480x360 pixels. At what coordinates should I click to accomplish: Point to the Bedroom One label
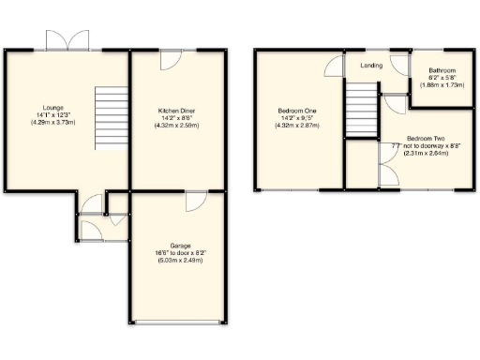pyautogui.click(x=298, y=111)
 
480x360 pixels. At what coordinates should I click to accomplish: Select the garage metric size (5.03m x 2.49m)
pyautogui.click(x=178, y=260)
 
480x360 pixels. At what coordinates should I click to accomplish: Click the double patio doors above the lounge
pyautogui.click(x=68, y=40)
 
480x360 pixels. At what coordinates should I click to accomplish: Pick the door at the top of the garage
pyautogui.click(x=196, y=200)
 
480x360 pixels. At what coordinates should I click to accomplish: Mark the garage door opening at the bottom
pyautogui.click(x=178, y=323)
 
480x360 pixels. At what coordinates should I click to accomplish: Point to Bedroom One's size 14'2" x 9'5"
pyautogui.click(x=298, y=118)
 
